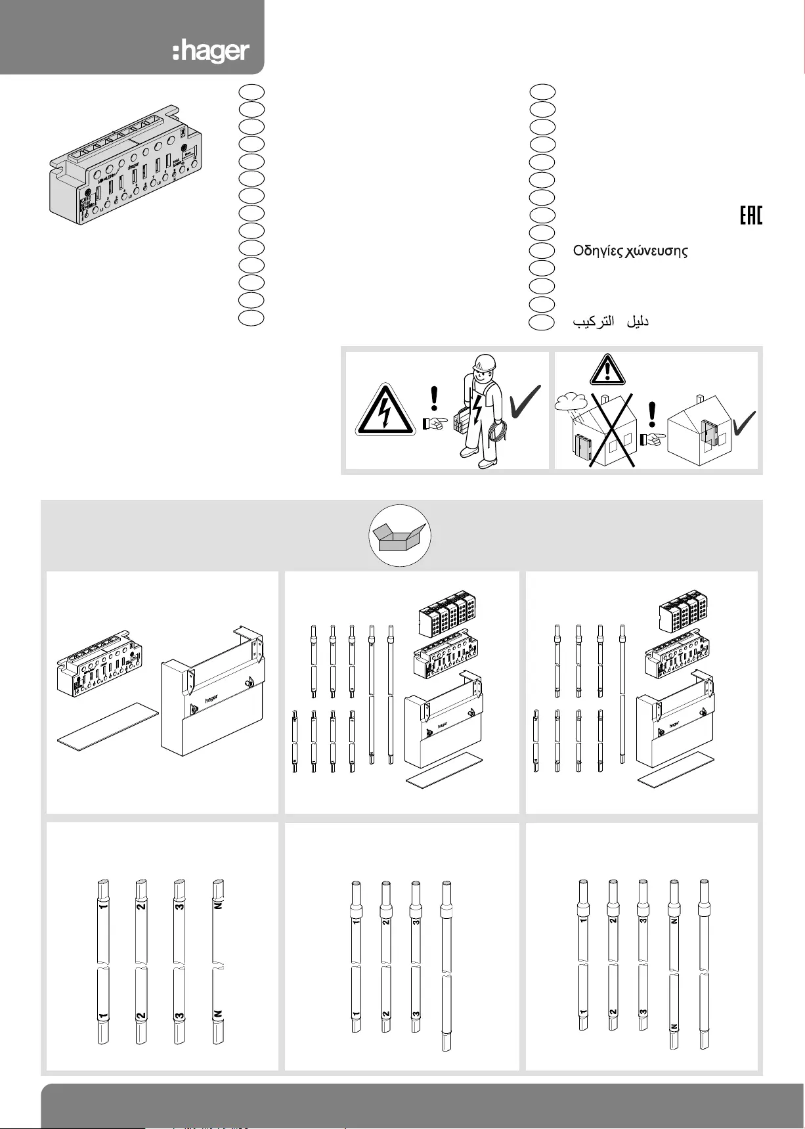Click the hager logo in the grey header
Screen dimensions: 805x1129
pos(211,52)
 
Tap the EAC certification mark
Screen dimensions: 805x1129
pos(751,215)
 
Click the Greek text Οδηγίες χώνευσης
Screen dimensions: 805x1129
pos(630,251)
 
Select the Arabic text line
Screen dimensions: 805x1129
pos(611,321)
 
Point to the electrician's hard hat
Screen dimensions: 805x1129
pos(484,363)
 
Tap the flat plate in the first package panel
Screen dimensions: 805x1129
pos(108,725)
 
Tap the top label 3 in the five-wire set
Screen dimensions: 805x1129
pos(643,919)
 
